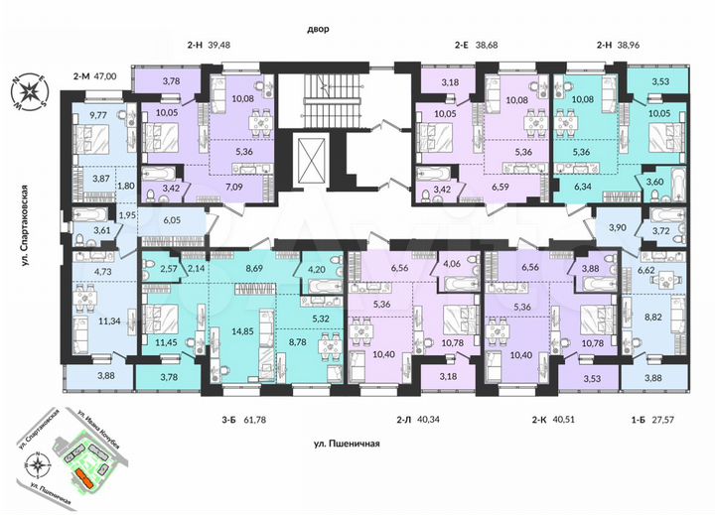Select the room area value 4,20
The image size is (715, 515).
pyautogui.click(x=317, y=266)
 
